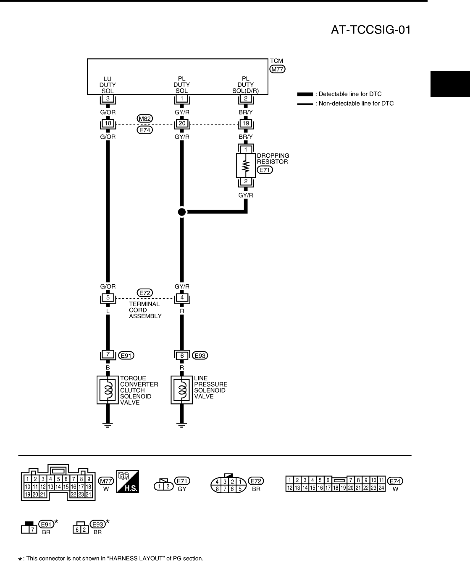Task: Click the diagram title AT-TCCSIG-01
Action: tap(370, 30)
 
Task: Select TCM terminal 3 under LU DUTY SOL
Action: tap(108, 99)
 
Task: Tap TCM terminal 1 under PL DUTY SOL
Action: tap(181, 99)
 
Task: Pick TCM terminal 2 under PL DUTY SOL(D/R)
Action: tap(246, 99)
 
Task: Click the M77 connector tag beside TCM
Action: tap(277, 70)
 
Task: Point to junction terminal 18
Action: tap(108, 124)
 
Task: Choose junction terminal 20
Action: tap(181, 124)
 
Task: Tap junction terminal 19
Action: tap(246, 124)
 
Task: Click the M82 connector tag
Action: tap(144, 118)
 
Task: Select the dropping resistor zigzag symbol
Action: tap(246, 165)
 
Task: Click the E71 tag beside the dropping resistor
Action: tap(265, 170)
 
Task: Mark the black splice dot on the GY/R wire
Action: tap(181, 212)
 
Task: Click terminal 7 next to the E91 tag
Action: tap(108, 355)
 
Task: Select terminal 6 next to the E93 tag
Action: tap(181, 355)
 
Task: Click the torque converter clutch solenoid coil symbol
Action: tap(108, 390)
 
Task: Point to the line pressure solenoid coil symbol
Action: tap(181, 390)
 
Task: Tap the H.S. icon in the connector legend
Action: tap(128, 481)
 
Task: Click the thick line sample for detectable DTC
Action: tap(305, 94)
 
